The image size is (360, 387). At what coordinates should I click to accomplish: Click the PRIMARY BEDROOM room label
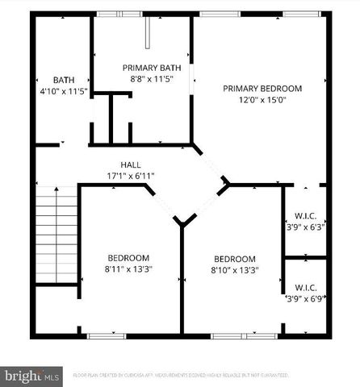pos(262,89)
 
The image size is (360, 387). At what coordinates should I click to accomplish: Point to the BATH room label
pos(64,80)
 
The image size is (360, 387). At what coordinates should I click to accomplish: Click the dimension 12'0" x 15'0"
pos(262,100)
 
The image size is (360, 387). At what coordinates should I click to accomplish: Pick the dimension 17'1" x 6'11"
pos(131,176)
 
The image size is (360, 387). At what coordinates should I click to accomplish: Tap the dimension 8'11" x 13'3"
pos(128,269)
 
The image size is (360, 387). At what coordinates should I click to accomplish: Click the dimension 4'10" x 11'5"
pos(64,91)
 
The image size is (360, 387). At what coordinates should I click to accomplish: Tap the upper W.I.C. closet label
pos(305,215)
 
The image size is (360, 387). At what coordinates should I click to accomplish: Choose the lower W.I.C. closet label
pos(305,287)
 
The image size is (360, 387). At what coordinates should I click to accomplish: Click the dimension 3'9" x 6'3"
pos(305,227)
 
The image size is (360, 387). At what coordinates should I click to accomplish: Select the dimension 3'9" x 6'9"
pos(305,298)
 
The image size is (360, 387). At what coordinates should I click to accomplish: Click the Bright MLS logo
pos(32,376)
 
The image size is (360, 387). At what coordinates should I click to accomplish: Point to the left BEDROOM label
pos(128,258)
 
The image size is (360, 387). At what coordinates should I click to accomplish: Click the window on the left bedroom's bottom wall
pos(107,335)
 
